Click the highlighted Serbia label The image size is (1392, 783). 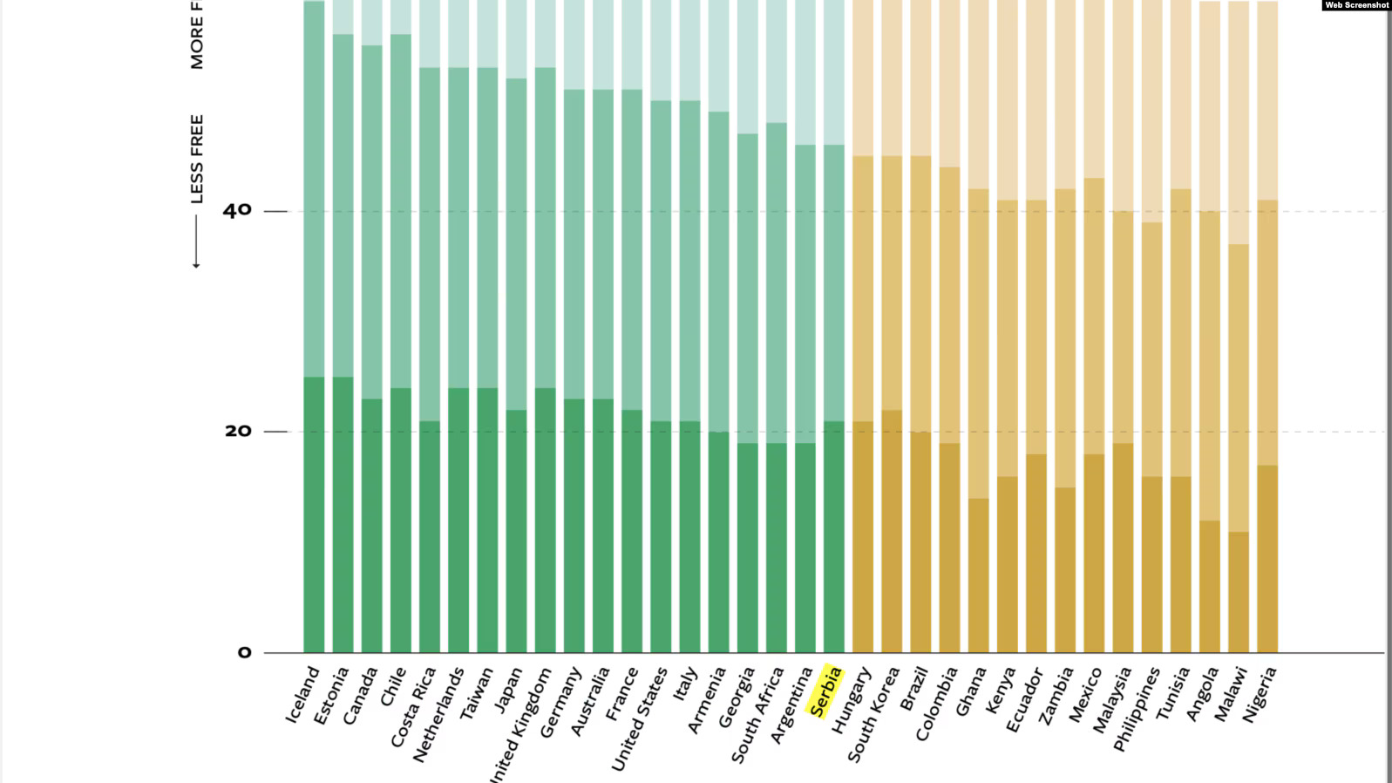pos(825,691)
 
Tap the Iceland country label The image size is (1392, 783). pos(302,694)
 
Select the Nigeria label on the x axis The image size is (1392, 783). pos(1260,694)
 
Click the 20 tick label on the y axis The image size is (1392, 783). pos(236,431)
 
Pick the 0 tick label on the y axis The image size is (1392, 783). pos(243,652)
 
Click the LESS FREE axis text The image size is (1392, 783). pos(197,159)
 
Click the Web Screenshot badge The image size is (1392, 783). pos(1355,5)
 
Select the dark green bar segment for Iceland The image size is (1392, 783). pos(314,514)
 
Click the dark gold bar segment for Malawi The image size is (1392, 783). pos(1239,592)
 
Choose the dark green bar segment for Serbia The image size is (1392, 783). pos(834,536)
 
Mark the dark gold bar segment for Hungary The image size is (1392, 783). pos(863,536)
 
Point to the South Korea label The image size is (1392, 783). pos(873,714)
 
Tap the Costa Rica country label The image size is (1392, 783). pos(413,706)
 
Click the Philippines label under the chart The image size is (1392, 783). pos(1137,709)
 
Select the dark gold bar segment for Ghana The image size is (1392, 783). pos(978,575)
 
